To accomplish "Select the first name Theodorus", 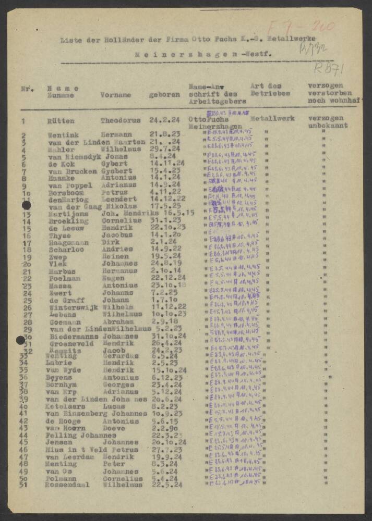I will click(x=120, y=120).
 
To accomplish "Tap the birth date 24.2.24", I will click(x=164, y=120).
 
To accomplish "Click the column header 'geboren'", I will click(x=164, y=95).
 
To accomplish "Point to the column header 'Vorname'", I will click(x=115, y=95).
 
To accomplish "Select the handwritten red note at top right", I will click(x=301, y=26).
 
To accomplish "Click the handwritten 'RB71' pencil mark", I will click(x=329, y=68).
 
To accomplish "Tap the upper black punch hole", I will click(x=26, y=206).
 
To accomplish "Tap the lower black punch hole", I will click(x=20, y=340).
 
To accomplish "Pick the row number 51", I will click(x=23, y=485).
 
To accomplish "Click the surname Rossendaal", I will click(x=68, y=485).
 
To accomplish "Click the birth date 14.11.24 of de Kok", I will click(x=166, y=163).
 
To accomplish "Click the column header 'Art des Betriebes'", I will click(x=270, y=90).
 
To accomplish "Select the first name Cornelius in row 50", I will click(x=122, y=478).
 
